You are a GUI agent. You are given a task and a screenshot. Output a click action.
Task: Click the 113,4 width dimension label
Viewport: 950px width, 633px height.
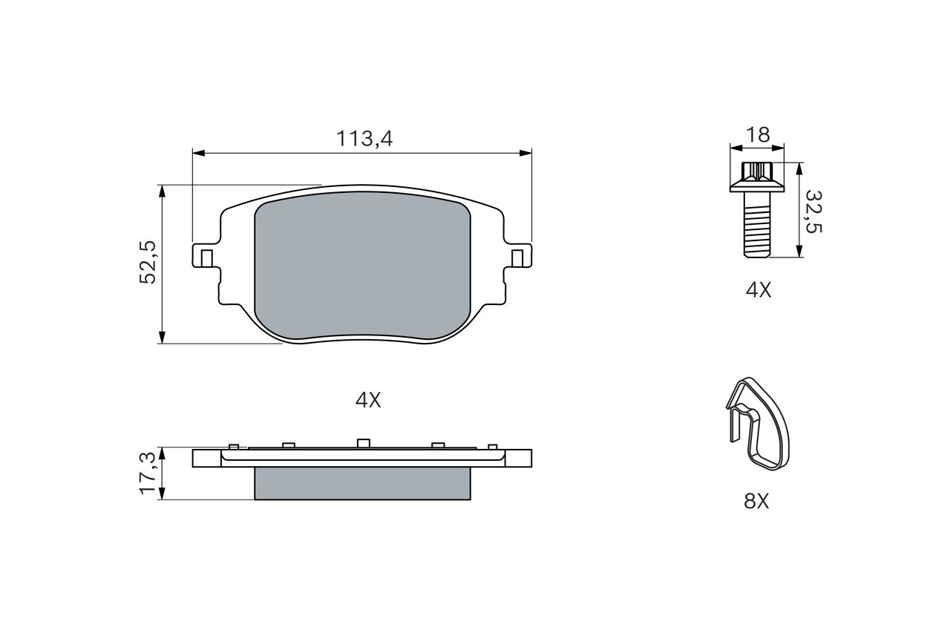pyautogui.click(x=364, y=139)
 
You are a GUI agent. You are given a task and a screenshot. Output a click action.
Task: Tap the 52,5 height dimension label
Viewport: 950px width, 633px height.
pyautogui.click(x=148, y=262)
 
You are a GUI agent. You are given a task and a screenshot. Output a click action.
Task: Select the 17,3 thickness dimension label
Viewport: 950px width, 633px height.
pyautogui.click(x=148, y=473)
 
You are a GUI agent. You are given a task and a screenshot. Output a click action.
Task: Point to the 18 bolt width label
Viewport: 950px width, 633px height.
pyautogui.click(x=758, y=135)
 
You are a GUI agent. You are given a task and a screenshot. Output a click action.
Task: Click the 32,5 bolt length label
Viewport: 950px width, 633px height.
pyautogui.click(x=813, y=211)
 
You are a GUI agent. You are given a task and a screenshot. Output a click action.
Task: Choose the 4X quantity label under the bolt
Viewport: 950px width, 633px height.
pyautogui.click(x=759, y=290)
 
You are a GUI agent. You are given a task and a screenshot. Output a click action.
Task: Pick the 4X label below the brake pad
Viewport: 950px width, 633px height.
pyautogui.click(x=368, y=400)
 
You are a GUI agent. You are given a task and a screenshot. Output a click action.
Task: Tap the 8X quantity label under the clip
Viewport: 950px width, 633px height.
pyautogui.click(x=756, y=501)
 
